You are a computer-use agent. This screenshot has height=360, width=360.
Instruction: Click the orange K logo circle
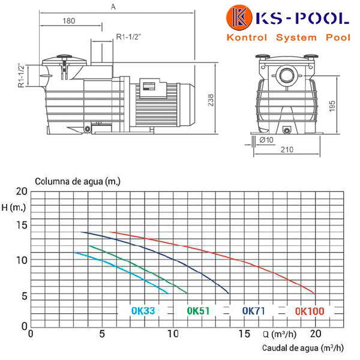pyautogui.click(x=239, y=17)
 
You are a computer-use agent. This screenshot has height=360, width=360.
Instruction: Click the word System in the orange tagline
pyautogui.click(x=296, y=37)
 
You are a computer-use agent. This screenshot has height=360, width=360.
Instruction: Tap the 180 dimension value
pyautogui.click(x=69, y=21)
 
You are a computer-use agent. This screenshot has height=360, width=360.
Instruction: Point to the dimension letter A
pyautogui.click(x=113, y=7)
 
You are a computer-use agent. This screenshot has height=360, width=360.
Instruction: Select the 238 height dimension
pyautogui.click(x=211, y=100)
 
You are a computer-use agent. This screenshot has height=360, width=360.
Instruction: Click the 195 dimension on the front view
pyautogui.click(x=332, y=106)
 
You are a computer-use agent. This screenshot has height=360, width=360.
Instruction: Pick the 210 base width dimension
pyautogui.click(x=287, y=149)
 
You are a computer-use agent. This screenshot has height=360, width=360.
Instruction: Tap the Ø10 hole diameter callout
pyautogui.click(x=266, y=140)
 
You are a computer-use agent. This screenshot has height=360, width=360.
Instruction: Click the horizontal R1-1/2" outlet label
pyautogui.click(x=128, y=37)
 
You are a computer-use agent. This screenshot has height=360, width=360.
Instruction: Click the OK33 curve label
pyautogui.click(x=143, y=311)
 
